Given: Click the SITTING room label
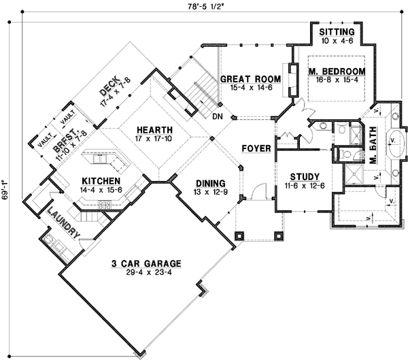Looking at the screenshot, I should click(336, 32).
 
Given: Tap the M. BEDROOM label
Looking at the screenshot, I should click(336, 71).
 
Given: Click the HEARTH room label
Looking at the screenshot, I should click(153, 130).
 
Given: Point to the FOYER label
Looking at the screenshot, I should click(256, 148).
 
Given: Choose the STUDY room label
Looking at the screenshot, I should click(300, 176).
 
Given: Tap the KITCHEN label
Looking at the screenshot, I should click(100, 182).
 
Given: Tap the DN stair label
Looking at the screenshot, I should click(218, 116).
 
